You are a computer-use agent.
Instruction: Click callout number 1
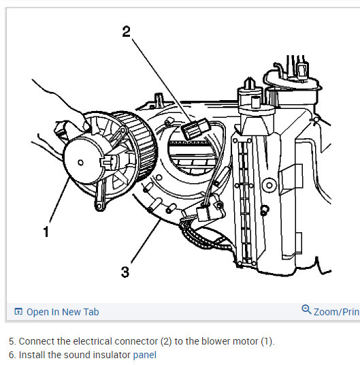(46, 232)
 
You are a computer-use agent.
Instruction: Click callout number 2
(127, 31)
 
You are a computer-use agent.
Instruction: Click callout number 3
(125, 272)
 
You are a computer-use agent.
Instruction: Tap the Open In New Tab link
(63, 312)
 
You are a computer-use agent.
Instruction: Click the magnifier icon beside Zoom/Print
(306, 310)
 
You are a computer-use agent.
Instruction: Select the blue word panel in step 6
(145, 355)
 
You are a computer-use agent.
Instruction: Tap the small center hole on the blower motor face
(80, 163)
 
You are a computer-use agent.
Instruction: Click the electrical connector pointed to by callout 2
(195, 129)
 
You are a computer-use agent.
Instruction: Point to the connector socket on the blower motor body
(110, 161)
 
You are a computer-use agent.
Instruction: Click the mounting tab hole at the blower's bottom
(99, 206)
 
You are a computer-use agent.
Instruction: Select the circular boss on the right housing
(269, 185)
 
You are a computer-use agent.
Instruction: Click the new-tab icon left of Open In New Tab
(18, 311)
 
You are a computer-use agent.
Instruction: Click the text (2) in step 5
(166, 341)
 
